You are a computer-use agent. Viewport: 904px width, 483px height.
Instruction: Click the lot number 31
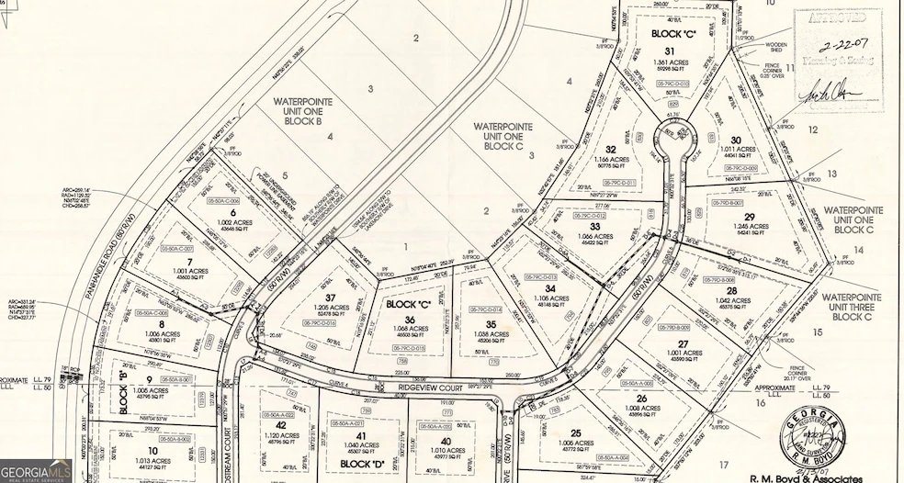click(670, 51)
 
